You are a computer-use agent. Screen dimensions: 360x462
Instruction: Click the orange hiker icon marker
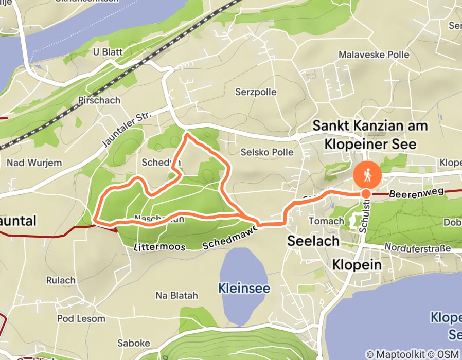(x=367, y=175)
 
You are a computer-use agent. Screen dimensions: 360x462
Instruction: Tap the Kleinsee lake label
(x=244, y=288)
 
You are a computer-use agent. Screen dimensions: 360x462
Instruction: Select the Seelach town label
(x=313, y=241)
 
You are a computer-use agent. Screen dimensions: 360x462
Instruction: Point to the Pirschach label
(x=99, y=100)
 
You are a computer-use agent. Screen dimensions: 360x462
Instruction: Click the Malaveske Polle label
(x=374, y=55)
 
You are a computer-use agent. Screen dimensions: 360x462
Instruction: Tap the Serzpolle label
(x=256, y=92)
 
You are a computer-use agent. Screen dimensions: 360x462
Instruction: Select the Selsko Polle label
(x=267, y=152)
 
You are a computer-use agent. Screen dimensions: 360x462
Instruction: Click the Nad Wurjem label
(x=34, y=163)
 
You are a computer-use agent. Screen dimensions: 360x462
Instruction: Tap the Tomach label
(x=326, y=221)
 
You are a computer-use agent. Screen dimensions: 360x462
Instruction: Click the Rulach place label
(x=61, y=281)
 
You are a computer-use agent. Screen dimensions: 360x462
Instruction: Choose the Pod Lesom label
(x=81, y=319)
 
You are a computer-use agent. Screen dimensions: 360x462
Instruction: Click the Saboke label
(x=133, y=343)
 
